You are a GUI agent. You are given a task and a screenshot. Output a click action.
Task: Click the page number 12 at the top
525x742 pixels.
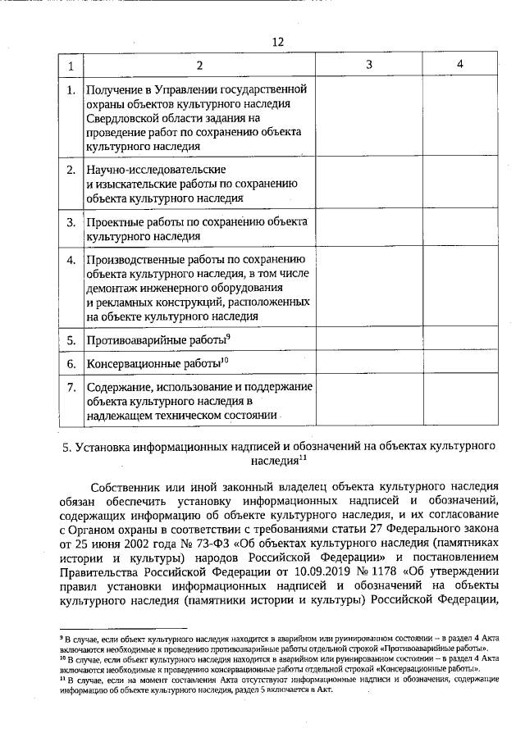[277, 42]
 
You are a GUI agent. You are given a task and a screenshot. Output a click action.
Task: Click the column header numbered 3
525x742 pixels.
[368, 64]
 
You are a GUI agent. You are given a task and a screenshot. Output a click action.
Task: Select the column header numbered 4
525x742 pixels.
[460, 64]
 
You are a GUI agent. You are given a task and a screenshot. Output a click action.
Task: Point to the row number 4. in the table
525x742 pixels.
[71, 261]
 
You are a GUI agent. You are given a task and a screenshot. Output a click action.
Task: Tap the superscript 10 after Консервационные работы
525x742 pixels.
[225, 359]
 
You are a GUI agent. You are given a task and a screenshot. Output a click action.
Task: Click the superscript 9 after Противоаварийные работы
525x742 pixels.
[227, 336]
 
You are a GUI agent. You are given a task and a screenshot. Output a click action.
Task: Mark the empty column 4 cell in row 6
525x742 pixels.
[460, 362]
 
